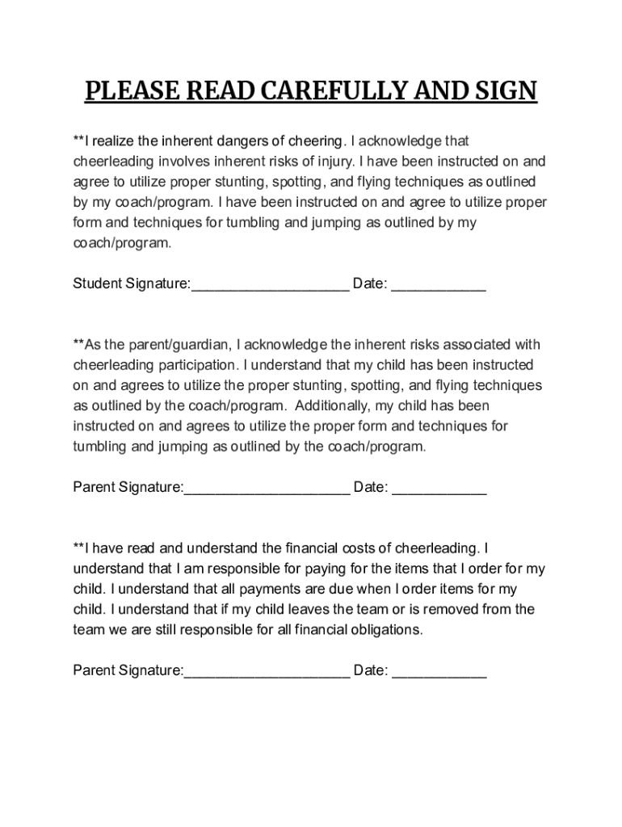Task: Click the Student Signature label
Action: click(132, 284)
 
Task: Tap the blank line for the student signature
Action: click(270, 286)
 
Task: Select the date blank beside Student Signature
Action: click(439, 286)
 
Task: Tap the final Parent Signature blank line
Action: click(267, 672)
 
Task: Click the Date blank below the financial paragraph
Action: click(439, 672)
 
